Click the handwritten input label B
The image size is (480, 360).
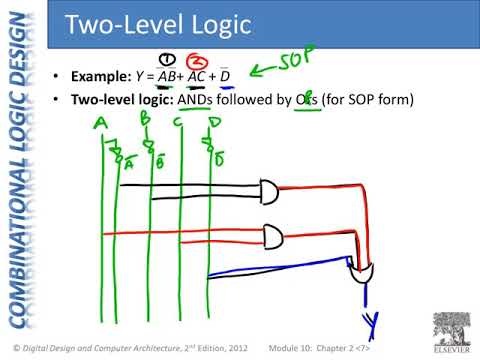tap(146, 120)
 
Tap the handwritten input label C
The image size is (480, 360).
tap(176, 122)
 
